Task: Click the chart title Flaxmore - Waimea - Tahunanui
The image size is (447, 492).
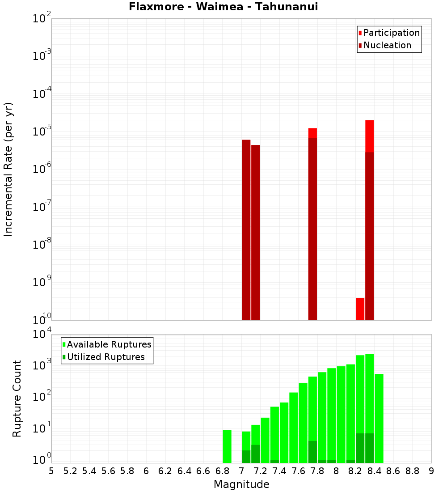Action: pos(223,7)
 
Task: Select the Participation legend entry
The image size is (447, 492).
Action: pos(391,33)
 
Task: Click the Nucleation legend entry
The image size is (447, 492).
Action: pos(387,45)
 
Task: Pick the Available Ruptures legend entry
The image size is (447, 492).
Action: pos(109,344)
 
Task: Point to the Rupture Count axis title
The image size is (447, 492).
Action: pos(17,399)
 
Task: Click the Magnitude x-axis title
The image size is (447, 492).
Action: pos(241,484)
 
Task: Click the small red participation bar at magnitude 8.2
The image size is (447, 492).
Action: pos(360,309)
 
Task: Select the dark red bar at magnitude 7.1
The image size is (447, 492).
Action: pos(255,233)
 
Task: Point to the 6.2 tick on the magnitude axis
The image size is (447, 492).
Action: pos(165,471)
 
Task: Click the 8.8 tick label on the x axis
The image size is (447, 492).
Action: pos(412,471)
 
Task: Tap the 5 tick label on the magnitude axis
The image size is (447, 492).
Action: pos(51,471)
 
